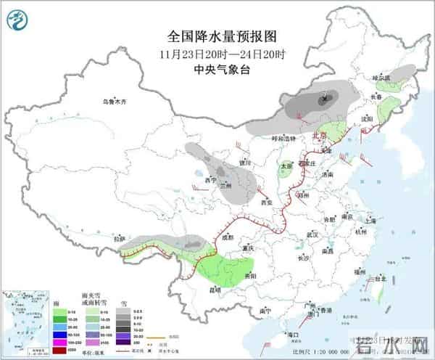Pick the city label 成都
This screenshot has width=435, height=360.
point(229,237)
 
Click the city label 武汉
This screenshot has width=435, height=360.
point(312,234)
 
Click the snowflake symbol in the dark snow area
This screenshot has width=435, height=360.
point(324,97)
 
